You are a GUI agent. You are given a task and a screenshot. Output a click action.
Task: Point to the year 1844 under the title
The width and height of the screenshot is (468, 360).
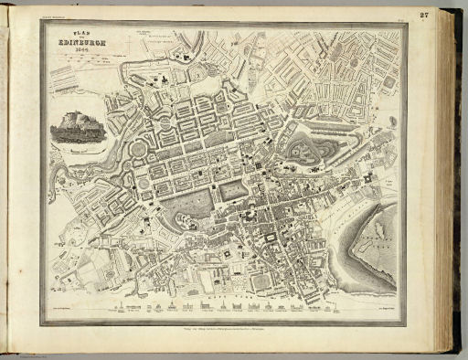coord(71,50)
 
